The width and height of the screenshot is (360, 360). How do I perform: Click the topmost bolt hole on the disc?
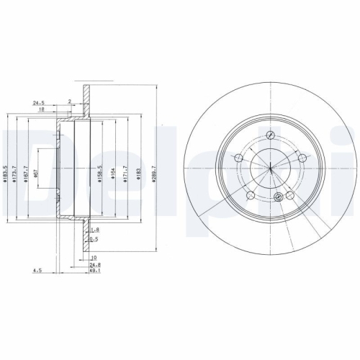(269, 135)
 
